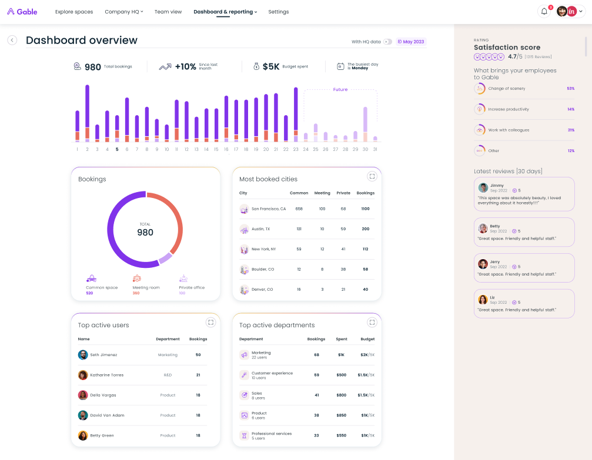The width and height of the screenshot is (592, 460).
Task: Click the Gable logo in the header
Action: click(22, 12)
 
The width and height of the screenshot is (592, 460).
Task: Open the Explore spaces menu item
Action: click(74, 12)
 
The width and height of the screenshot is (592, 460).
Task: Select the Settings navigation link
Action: click(278, 12)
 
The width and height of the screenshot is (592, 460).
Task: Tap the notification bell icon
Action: click(544, 11)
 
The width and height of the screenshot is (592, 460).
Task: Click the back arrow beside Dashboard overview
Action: click(12, 40)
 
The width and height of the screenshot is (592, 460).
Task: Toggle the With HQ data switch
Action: click(387, 42)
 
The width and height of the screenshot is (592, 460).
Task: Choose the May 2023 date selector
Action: click(411, 42)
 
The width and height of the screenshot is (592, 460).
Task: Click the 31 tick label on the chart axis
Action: click(375, 149)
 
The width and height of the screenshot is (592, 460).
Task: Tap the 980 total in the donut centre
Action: click(145, 233)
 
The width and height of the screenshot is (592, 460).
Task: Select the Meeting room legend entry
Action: click(146, 287)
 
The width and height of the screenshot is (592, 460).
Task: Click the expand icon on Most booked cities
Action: click(372, 176)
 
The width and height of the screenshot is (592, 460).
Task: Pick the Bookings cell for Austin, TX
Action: click(365, 229)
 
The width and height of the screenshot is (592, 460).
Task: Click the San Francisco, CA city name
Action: click(269, 209)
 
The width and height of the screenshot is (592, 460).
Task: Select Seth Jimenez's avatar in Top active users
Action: click(83, 355)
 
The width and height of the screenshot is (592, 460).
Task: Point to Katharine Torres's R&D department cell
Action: click(168, 375)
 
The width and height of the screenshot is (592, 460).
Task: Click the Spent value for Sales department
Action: click(341, 395)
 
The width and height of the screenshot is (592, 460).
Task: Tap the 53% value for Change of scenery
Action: click(570, 89)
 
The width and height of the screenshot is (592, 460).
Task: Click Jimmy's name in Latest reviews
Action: click(497, 186)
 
